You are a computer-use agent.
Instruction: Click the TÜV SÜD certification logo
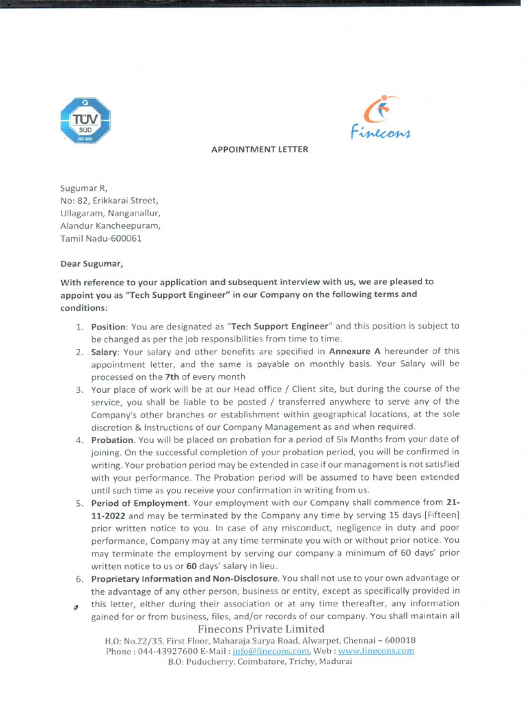coord(85,120)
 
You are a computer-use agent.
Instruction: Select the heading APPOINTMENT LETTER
coord(259,149)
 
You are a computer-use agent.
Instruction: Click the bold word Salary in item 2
coord(105,351)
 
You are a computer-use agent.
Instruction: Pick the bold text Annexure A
coord(354,351)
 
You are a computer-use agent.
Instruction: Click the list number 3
coord(79,389)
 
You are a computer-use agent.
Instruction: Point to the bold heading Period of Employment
coord(140,502)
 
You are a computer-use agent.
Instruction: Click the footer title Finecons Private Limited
coord(261,628)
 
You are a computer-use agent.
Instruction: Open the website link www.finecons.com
coord(376,651)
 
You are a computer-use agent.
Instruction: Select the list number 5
coord(79,502)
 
